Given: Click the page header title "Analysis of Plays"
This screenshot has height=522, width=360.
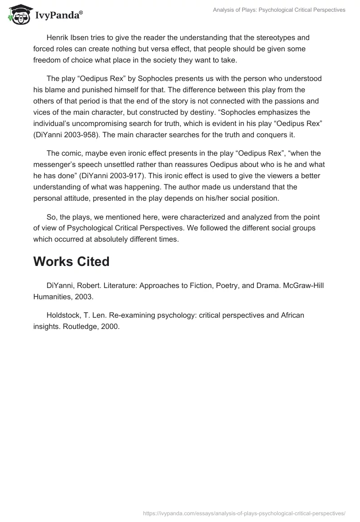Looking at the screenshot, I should [x=279, y=10].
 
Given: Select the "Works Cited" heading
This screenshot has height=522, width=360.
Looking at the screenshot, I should [x=71, y=261].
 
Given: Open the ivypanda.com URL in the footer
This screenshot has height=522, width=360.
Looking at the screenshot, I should [x=244, y=512].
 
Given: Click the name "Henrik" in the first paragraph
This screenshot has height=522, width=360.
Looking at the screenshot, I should [x=57, y=38].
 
